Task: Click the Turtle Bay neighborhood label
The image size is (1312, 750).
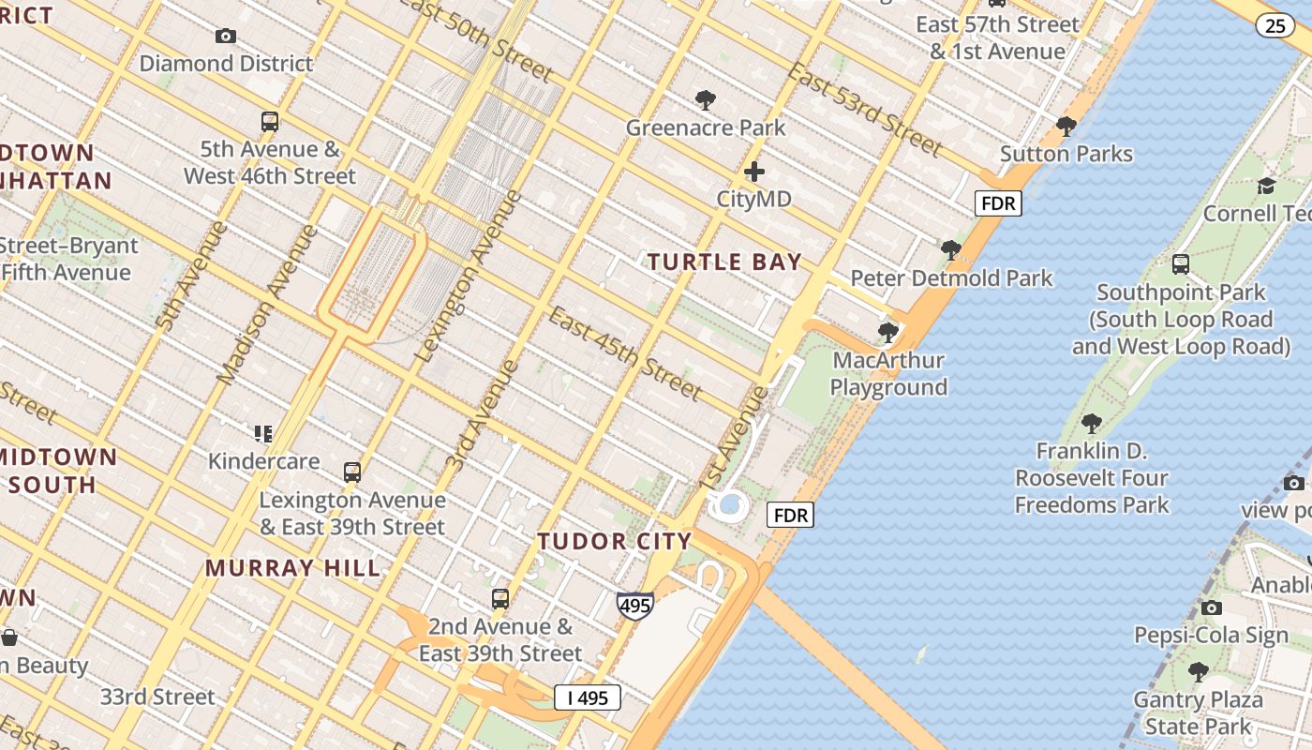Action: coord(724,262)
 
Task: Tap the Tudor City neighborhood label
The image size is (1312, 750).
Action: coord(615,541)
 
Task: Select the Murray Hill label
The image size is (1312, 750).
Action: coord(293,568)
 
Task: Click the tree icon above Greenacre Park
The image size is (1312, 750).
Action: coord(705,100)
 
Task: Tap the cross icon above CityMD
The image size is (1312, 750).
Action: coord(753,172)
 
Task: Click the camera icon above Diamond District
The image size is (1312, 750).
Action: coord(226,37)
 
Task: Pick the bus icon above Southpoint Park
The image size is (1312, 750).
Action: coord(1180,264)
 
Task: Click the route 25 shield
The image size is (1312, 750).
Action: coord(1275,25)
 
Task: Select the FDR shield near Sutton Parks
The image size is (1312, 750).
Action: coord(997,203)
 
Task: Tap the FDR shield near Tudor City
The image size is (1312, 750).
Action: coord(790,515)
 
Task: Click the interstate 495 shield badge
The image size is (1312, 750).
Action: coord(634,606)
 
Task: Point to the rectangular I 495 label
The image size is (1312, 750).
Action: coord(588,697)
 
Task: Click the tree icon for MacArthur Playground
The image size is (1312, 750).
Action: coord(887,332)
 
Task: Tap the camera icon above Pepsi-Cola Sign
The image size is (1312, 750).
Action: coord(1211,607)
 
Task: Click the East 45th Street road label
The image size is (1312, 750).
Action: coord(624,352)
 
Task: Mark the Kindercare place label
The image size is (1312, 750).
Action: coord(263,461)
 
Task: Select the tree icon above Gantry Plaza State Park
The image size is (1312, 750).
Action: coord(1198,671)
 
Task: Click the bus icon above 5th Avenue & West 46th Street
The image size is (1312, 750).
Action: coord(270,122)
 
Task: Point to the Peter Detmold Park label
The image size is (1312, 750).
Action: coord(951,278)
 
